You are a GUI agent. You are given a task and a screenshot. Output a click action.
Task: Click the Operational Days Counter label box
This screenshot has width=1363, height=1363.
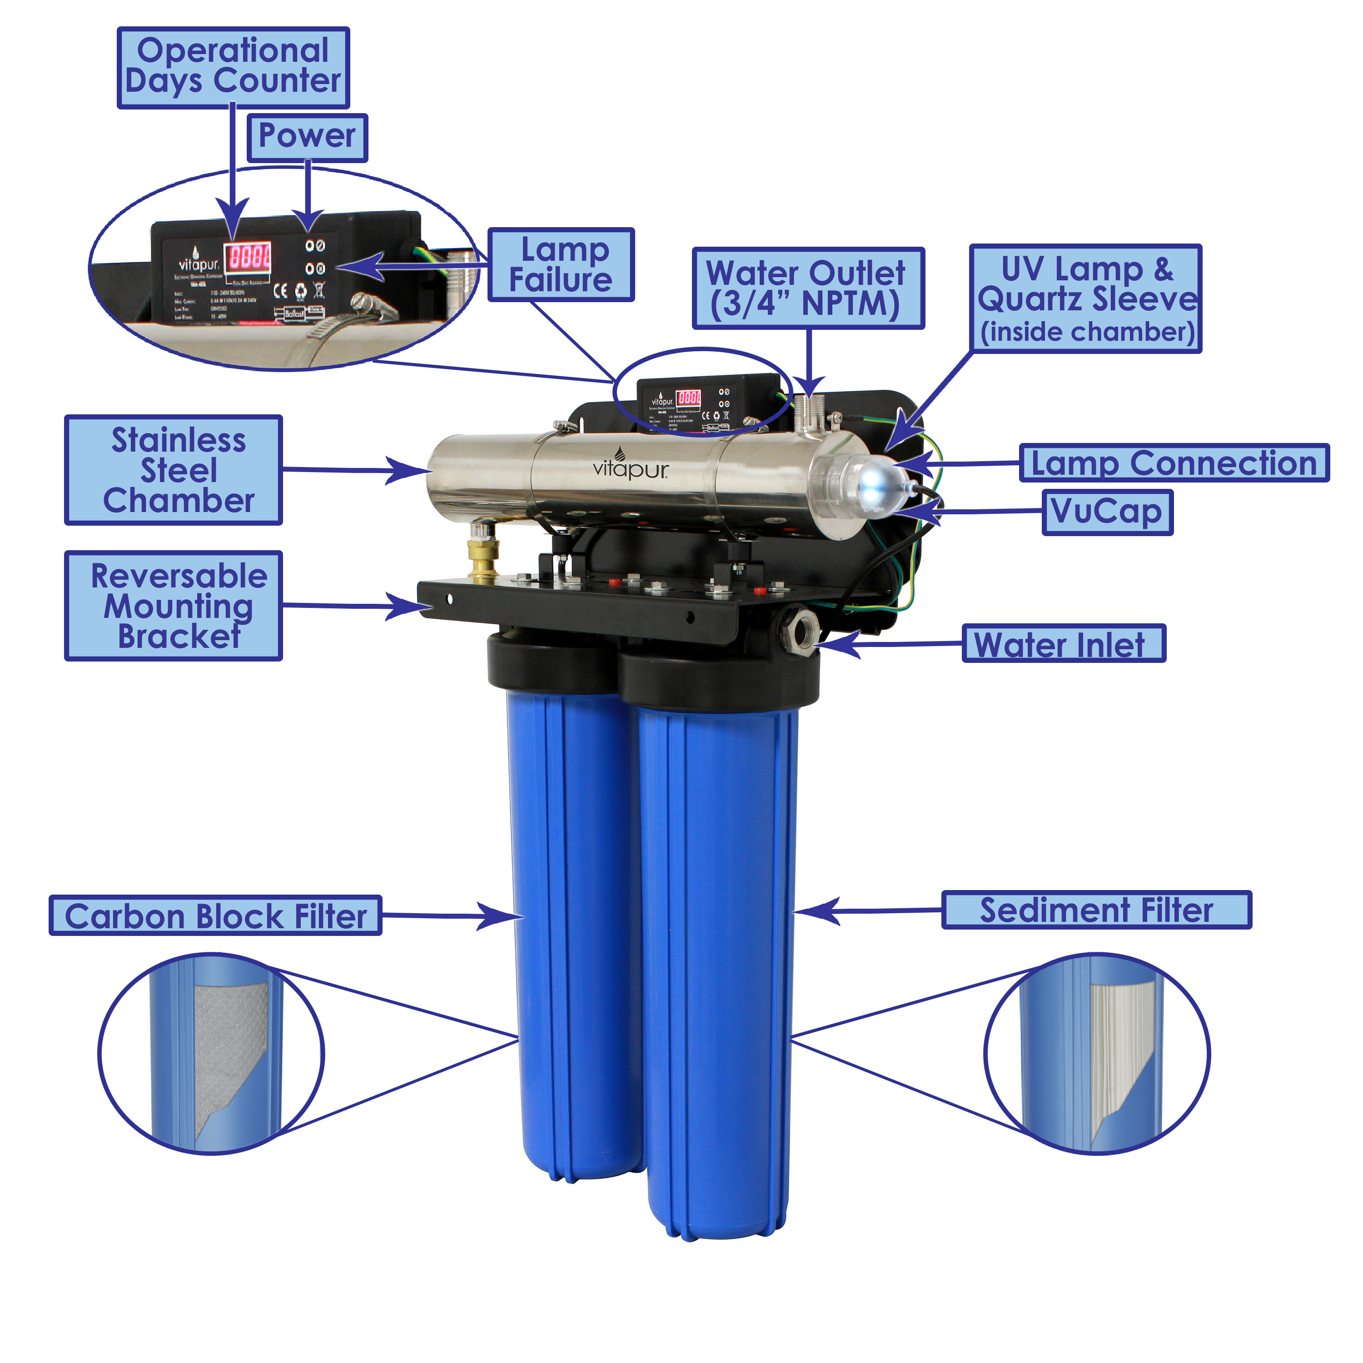click(233, 67)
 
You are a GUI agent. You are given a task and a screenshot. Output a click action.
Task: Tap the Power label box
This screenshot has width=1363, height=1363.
click(307, 137)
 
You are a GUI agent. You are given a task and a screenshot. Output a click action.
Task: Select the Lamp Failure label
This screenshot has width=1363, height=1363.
click(561, 264)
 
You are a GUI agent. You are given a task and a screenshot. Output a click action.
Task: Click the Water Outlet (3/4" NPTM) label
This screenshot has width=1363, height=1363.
click(808, 288)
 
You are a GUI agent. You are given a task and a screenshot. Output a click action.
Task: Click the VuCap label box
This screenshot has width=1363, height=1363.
click(1107, 512)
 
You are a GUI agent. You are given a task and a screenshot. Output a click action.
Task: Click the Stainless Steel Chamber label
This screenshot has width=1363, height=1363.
click(174, 470)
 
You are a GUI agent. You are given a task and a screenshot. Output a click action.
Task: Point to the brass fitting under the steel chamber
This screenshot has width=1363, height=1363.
click(484, 557)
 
